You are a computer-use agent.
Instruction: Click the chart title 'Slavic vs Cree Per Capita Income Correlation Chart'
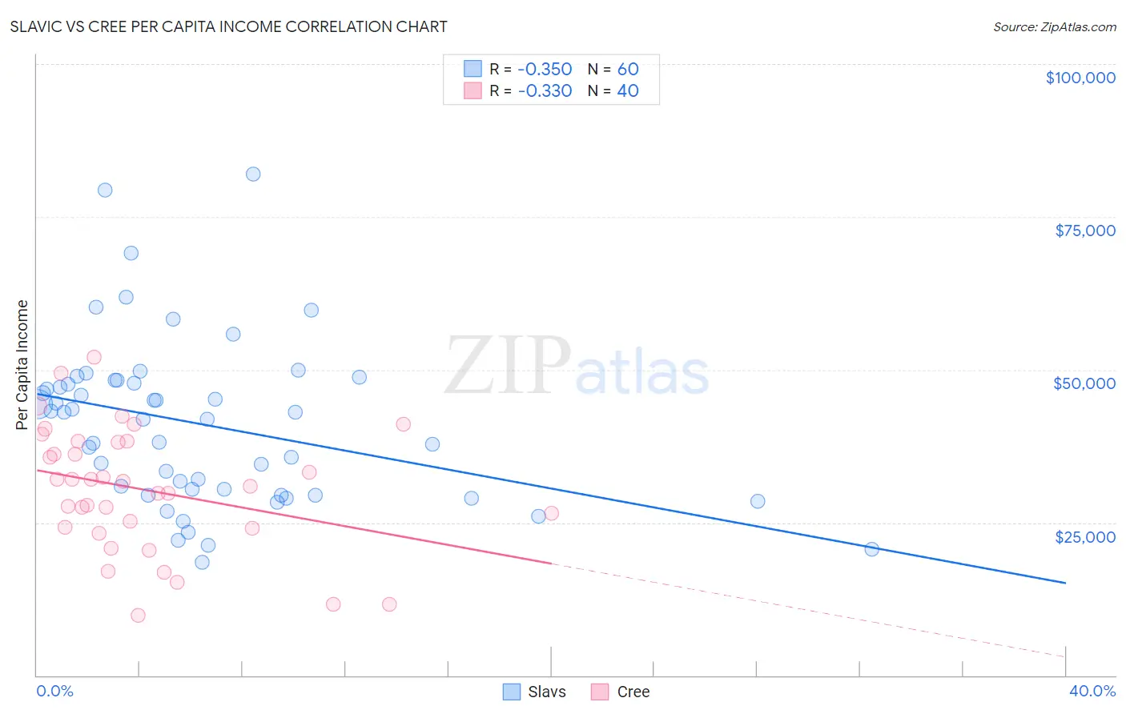click(228, 26)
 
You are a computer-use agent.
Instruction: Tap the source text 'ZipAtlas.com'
click(1078, 26)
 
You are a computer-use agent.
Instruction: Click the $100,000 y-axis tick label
click(1080, 78)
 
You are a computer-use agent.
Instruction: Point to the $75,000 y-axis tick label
click(1085, 231)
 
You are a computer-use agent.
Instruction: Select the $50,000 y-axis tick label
click(1084, 383)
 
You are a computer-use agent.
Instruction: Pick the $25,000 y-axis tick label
click(1085, 537)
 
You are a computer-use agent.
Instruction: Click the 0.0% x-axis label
click(55, 691)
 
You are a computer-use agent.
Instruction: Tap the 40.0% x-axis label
click(1092, 691)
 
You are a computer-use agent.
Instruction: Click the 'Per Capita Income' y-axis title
click(22, 365)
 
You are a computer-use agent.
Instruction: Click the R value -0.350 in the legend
click(545, 69)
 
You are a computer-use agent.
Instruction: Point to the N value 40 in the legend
click(627, 90)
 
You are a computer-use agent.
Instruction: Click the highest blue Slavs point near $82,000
click(253, 174)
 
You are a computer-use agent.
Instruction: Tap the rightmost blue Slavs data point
click(872, 549)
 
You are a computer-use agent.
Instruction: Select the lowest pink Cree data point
click(138, 616)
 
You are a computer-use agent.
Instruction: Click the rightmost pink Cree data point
click(551, 513)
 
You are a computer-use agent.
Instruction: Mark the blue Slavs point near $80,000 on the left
click(105, 190)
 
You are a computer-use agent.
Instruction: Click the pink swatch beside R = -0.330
click(473, 90)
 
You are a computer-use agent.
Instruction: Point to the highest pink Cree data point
click(94, 357)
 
